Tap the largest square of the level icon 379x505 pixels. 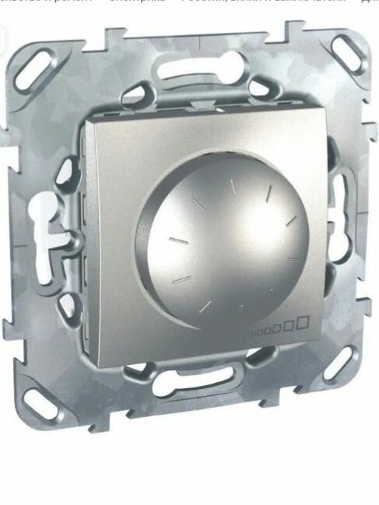(x=303, y=320)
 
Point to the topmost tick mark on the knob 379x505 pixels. (x=231, y=183)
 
